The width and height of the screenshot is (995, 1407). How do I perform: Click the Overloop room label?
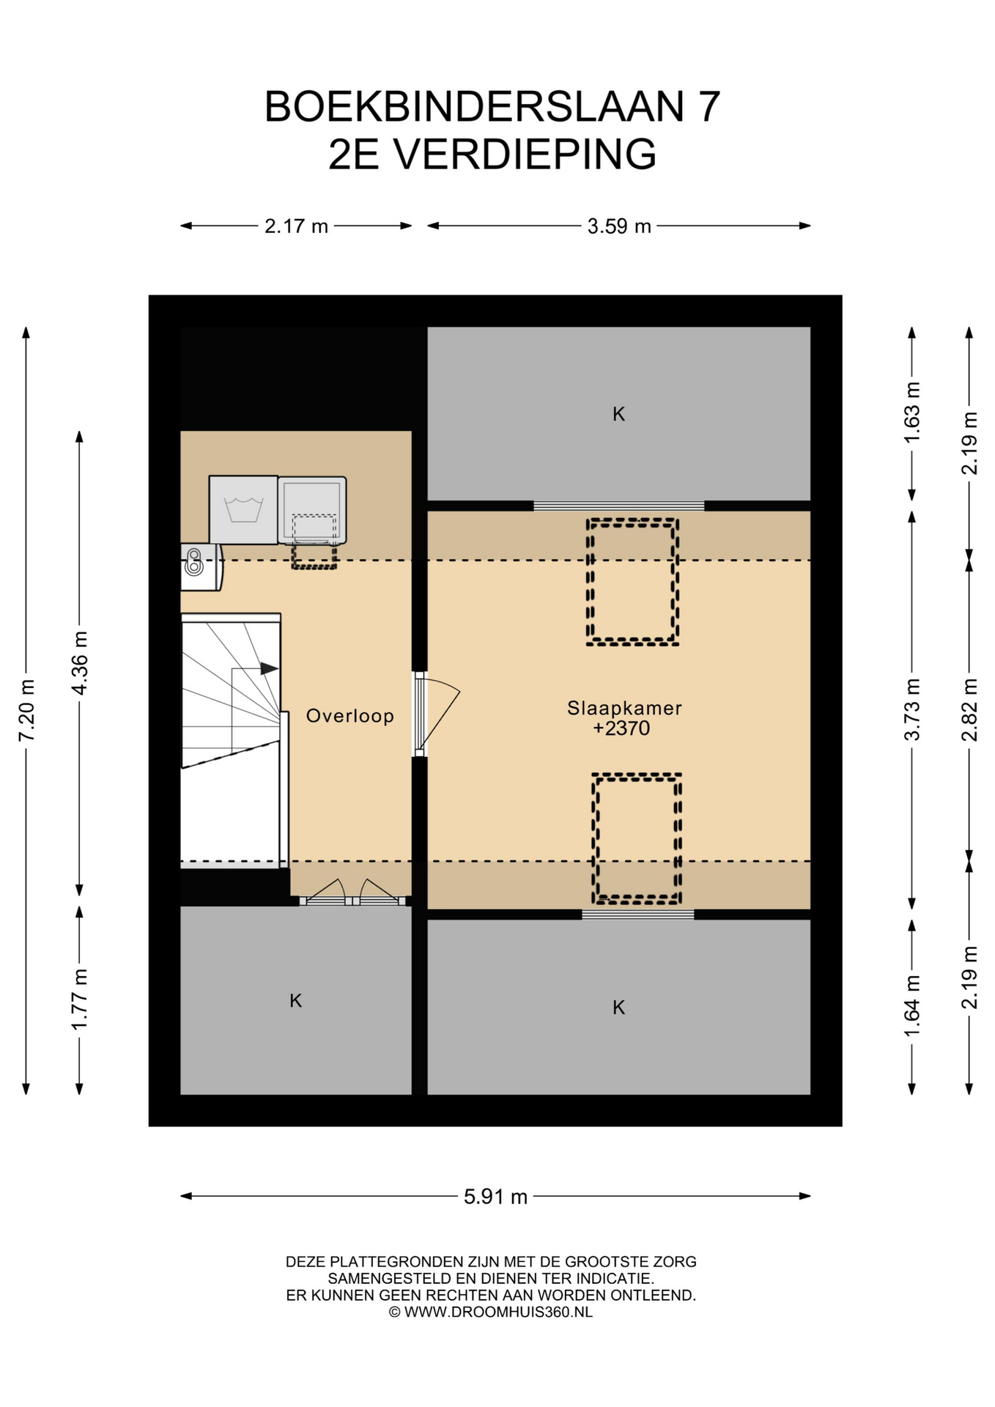click(349, 716)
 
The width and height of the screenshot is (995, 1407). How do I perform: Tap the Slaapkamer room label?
click(624, 709)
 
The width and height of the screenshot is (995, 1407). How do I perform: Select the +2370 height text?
click(621, 728)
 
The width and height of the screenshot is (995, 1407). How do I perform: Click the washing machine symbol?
click(243, 510)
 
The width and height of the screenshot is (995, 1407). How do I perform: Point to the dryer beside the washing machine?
click(311, 511)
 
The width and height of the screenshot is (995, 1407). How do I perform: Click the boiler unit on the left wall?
click(201, 566)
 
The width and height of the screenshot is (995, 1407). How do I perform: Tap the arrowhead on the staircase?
click(269, 668)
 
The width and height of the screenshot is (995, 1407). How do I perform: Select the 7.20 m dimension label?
click(26, 710)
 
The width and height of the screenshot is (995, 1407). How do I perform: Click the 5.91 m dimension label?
click(495, 1197)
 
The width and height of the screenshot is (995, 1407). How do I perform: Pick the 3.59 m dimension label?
click(619, 226)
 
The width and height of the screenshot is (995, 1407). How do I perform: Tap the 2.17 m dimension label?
click(296, 226)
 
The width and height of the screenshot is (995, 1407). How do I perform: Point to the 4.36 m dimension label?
click(80, 662)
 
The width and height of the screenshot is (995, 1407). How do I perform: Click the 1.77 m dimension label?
click(80, 999)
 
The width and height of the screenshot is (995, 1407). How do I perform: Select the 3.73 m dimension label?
click(912, 709)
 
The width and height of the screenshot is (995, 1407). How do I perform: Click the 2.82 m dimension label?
click(969, 709)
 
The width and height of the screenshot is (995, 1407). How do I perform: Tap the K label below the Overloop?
click(295, 1000)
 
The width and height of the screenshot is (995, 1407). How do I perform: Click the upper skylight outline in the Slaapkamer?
click(632, 520)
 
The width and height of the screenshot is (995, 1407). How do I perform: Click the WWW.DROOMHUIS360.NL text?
click(498, 1312)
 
